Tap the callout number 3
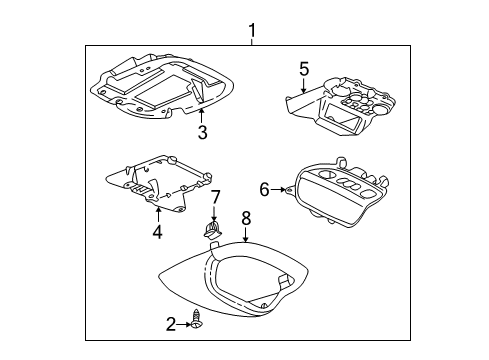click(202, 132)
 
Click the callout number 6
click(264, 188)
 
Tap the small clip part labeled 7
click(211, 231)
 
